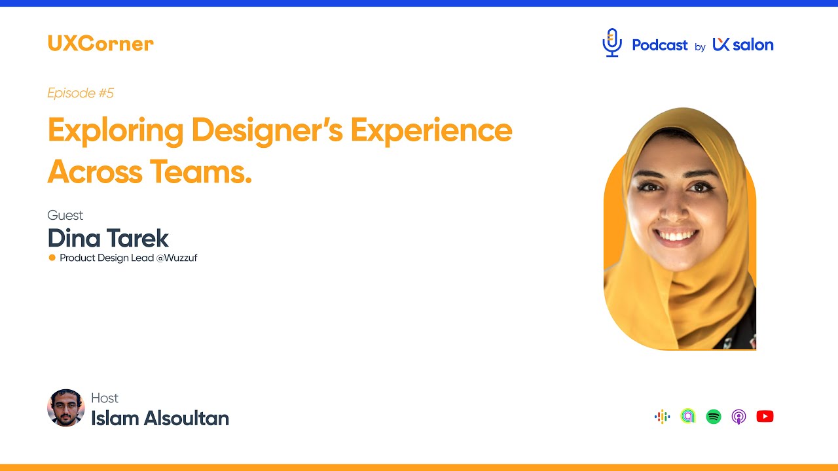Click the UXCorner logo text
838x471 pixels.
tap(100, 44)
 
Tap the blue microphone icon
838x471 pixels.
tap(612, 43)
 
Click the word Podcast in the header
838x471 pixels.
tap(659, 45)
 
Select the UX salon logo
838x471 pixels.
tap(743, 44)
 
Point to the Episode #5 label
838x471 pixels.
tap(81, 93)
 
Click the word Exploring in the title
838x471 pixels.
tap(115, 131)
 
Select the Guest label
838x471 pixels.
tap(65, 215)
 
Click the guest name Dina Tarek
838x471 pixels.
tap(108, 238)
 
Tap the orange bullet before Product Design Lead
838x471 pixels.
tap(52, 258)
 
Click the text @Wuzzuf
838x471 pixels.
tap(177, 258)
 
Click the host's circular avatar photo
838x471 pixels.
tap(66, 408)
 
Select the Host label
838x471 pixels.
tap(105, 398)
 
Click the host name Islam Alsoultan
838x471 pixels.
tap(160, 418)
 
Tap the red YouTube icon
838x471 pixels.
tap(765, 417)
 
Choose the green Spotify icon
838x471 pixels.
tap(714, 417)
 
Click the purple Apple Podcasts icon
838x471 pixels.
tap(738, 417)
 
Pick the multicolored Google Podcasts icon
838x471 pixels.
tap(662, 417)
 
